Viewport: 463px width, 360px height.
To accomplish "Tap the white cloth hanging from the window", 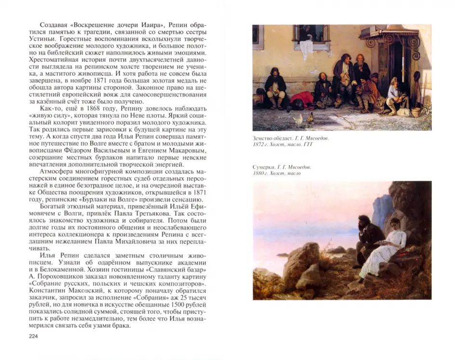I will coord(305,49).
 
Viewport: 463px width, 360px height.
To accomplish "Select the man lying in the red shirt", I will coord(302,101).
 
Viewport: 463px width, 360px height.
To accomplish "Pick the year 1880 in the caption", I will coord(260,173).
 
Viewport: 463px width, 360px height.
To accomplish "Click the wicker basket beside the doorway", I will coord(416,112).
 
